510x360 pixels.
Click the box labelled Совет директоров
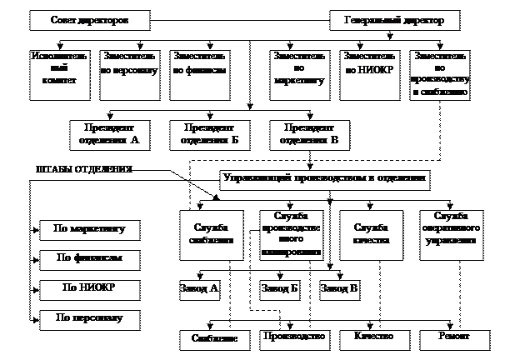89,19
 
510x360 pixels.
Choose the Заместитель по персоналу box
129,69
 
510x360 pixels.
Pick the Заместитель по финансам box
199,69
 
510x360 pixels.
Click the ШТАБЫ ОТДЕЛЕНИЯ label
83,169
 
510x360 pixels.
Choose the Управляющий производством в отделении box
325,177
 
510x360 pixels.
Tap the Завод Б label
279,288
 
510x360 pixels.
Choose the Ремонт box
454,337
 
